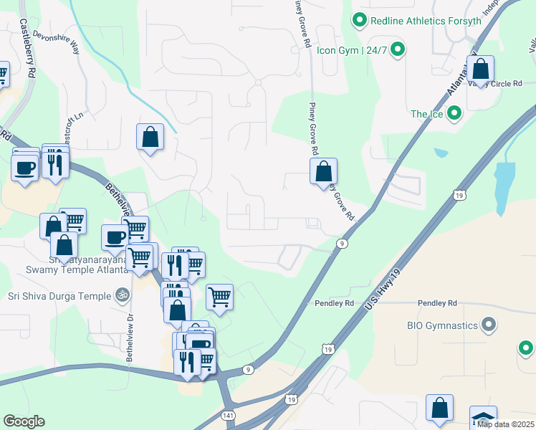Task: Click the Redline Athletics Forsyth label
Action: point(426,21)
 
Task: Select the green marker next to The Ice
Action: point(454,113)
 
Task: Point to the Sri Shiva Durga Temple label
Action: point(59,295)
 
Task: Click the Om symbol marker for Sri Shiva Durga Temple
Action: point(123,295)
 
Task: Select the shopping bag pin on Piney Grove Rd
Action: point(323,171)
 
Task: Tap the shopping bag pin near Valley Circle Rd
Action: point(481,70)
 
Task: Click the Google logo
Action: point(24,421)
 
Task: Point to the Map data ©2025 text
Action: point(505,424)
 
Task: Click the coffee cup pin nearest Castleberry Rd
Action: point(25,168)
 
